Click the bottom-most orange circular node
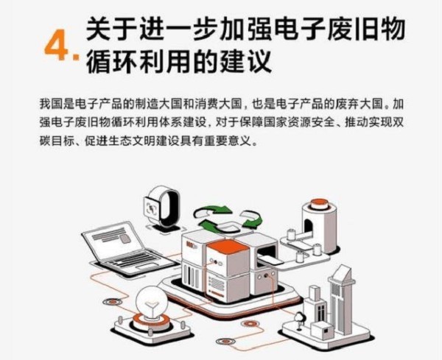[225, 342]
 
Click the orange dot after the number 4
[76, 57]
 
